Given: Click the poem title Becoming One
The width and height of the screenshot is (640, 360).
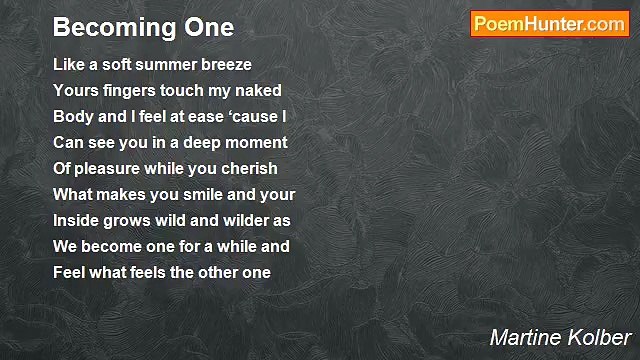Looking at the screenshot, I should (143, 27).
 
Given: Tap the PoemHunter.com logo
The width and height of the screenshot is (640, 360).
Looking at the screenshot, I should (549, 25).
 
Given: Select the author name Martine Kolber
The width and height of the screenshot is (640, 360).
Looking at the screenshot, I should (561, 337).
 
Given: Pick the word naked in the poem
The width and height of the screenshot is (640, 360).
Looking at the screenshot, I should (259, 91).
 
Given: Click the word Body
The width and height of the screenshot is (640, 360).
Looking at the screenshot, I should (71, 117).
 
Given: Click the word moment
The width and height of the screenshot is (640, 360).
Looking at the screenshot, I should (255, 143).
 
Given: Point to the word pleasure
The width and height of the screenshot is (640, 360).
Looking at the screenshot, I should (111, 169).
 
